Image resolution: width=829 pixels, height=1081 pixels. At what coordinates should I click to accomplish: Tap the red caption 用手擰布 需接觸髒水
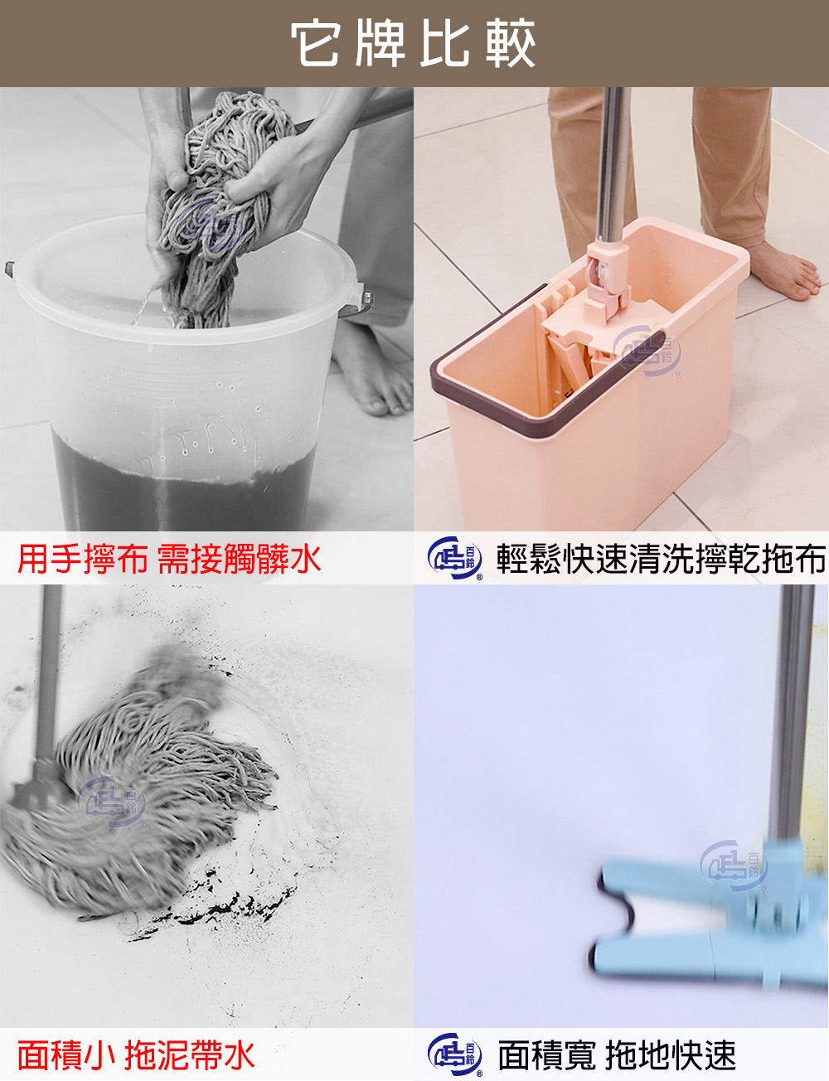tap(169, 559)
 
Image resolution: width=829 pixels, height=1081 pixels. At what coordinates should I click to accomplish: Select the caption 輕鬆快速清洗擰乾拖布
tap(660, 559)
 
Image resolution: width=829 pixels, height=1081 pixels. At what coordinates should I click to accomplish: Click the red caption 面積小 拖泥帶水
tap(136, 1055)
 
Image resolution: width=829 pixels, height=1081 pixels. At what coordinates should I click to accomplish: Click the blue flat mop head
tap(705, 920)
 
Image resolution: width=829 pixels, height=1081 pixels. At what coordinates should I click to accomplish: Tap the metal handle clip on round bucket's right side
tap(365, 298)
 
